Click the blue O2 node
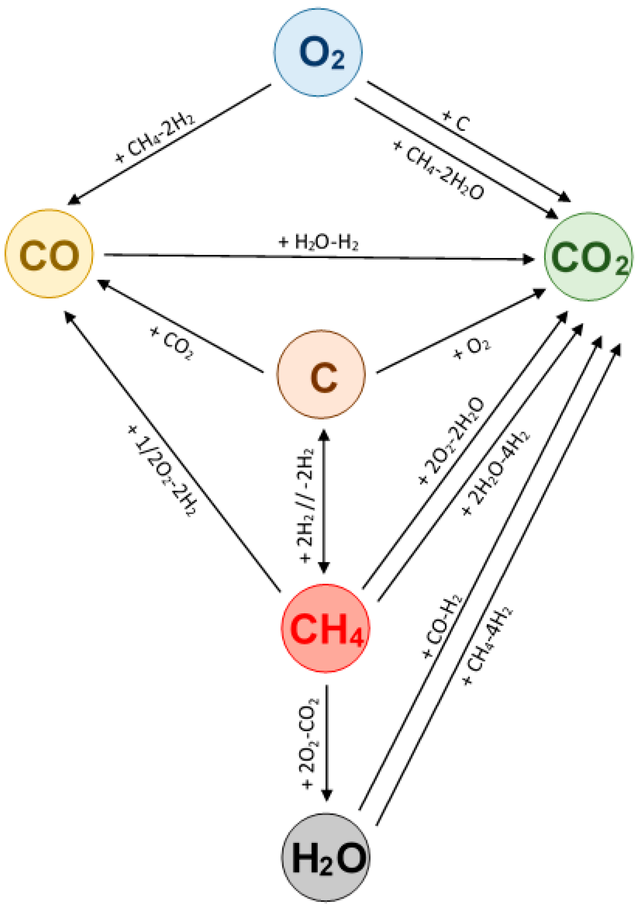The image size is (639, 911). click(318, 53)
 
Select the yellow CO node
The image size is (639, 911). click(49, 254)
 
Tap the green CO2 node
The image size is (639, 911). click(588, 257)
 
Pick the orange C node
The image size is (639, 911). click(320, 374)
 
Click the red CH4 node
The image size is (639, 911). click(325, 628)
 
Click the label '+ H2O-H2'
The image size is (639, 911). click(319, 242)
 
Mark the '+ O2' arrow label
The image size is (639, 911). click(472, 348)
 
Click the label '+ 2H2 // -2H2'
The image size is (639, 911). click(306, 506)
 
